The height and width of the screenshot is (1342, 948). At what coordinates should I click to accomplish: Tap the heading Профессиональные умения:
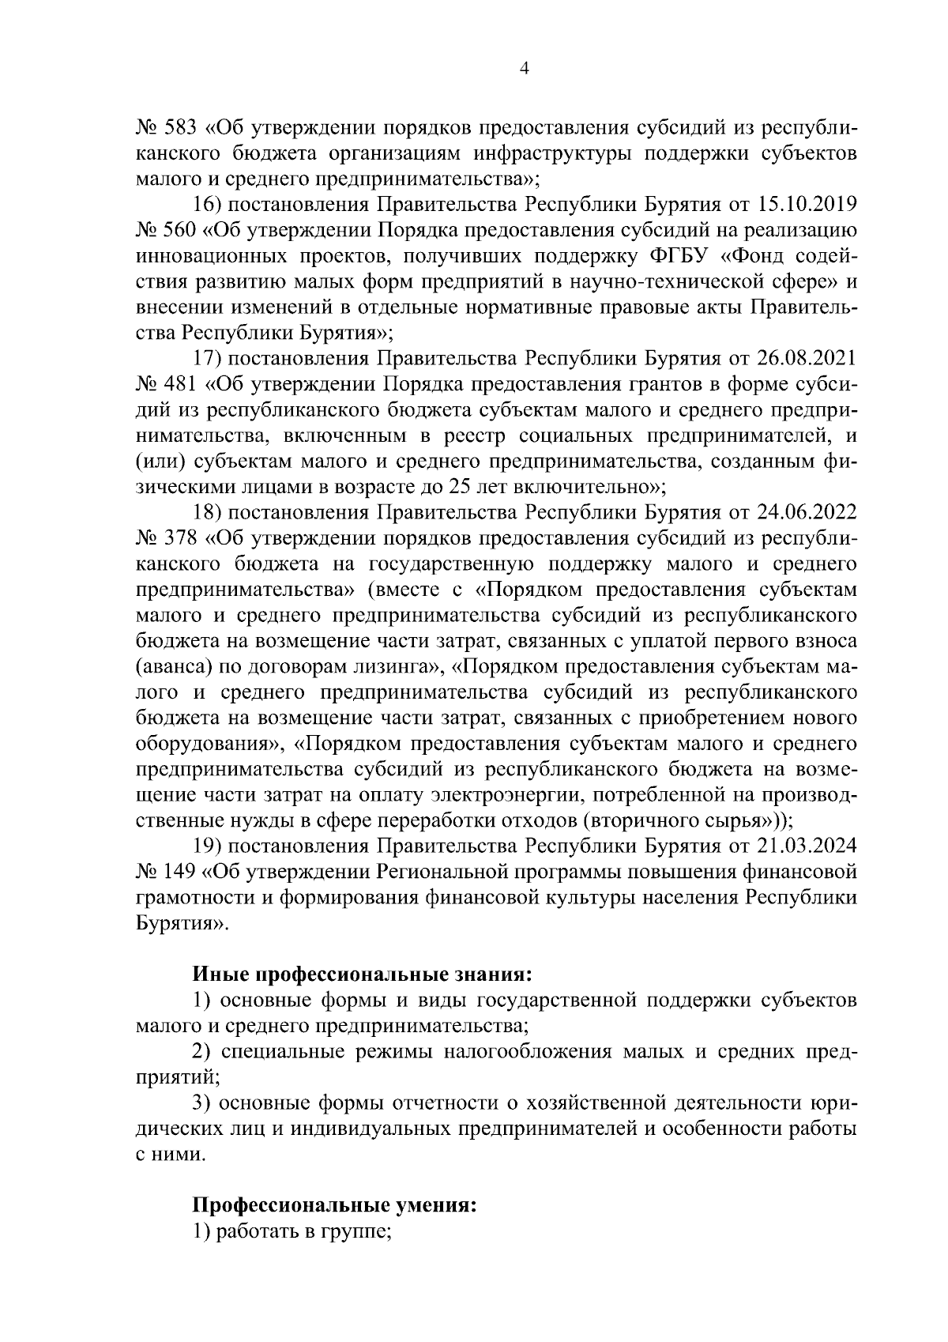click(x=335, y=1207)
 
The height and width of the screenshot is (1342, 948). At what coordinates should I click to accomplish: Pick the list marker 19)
click(x=209, y=846)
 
